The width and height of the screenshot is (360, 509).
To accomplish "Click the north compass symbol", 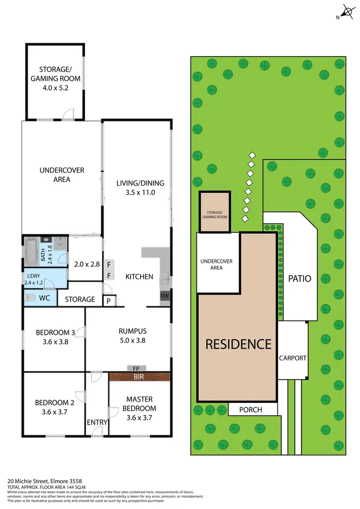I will click(346, 12).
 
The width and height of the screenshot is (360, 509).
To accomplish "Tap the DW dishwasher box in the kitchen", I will click(165, 296).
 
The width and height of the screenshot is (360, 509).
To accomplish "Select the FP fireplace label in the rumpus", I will click(136, 368).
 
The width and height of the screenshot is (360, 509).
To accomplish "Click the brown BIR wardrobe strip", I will click(140, 377).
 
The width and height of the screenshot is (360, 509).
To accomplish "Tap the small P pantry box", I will click(109, 301).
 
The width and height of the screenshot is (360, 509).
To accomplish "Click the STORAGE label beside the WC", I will click(80, 299).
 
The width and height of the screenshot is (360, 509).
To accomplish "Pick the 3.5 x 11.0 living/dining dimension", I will click(140, 192).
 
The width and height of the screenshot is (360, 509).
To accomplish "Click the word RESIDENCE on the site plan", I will click(239, 343).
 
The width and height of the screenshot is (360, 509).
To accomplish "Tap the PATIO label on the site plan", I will click(300, 278).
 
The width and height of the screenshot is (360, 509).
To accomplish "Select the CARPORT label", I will click(292, 358).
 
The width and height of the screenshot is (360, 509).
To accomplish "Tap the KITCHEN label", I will click(139, 276).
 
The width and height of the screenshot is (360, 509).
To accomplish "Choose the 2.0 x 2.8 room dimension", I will click(86, 264).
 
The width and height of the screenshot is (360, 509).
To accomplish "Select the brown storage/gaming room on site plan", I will click(215, 212).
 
